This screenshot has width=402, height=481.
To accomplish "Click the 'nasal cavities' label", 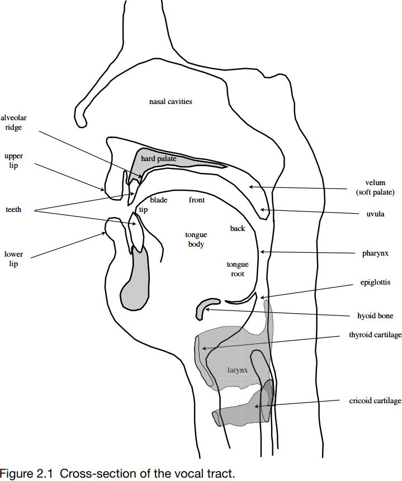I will (x=171, y=102).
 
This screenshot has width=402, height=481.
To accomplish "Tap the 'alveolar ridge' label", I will (x=13, y=122).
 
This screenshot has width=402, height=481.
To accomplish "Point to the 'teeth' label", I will (x=13, y=210).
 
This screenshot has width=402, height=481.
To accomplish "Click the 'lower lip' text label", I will (x=13, y=259).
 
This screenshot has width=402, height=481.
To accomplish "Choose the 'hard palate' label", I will (x=159, y=159).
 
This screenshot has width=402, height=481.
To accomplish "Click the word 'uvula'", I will (x=375, y=214).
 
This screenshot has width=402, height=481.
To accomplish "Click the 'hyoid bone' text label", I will (x=375, y=316).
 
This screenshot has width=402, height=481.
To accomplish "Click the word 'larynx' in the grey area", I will (x=237, y=370).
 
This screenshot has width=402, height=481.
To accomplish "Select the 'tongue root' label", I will (x=237, y=269).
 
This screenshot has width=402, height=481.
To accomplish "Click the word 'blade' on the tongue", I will (x=159, y=200).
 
